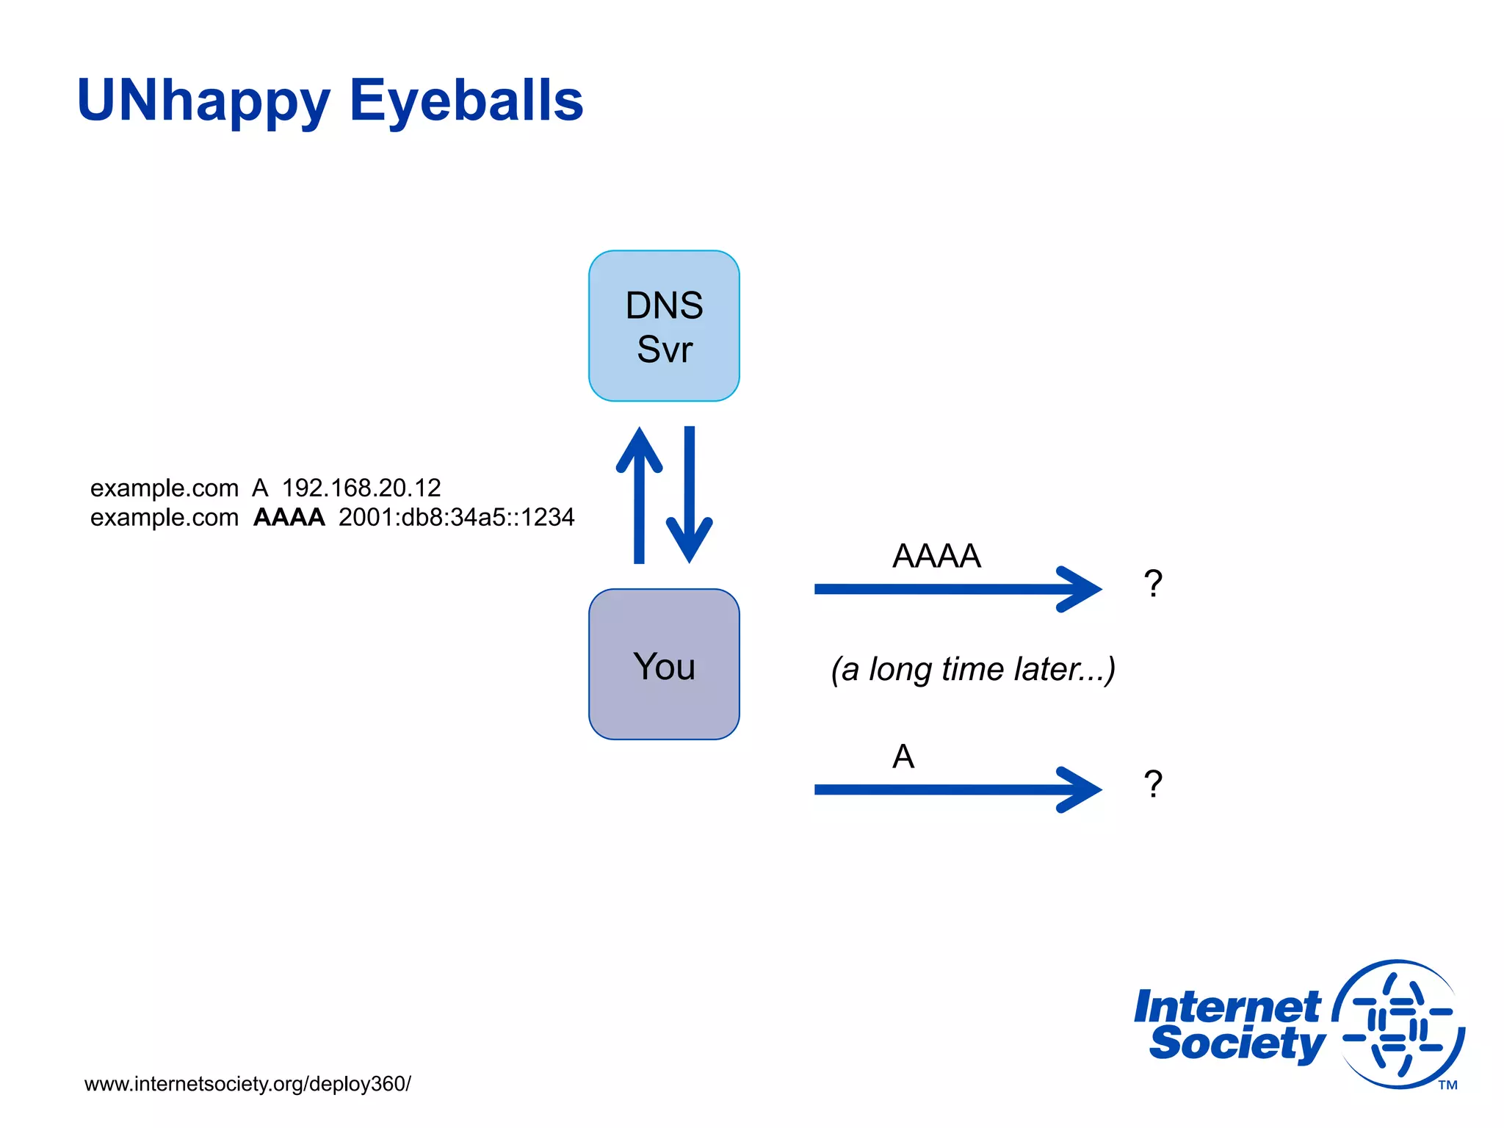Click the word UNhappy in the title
coord(203,101)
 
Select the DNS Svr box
coord(664,326)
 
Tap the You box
coord(664,665)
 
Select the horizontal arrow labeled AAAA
coord(955,589)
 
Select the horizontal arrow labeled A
coord(955,789)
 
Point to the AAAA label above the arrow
coord(936,556)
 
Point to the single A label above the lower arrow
coord(903,756)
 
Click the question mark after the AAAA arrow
coord(1153,584)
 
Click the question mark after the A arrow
coord(1153,784)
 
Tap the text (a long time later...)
coord(973,669)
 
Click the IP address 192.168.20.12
coord(361,488)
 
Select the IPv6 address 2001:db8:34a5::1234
coord(456,517)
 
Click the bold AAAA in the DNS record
coord(289,517)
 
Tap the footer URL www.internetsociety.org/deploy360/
coord(247,1084)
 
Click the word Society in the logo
coord(1237,1043)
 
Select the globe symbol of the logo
coord(1399,1024)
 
